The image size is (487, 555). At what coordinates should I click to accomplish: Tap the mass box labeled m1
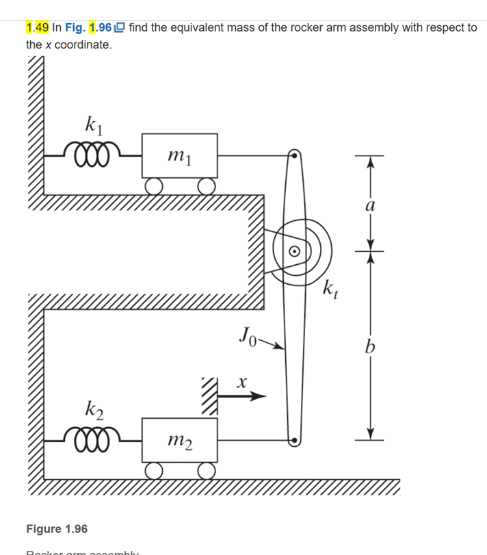pyautogui.click(x=179, y=156)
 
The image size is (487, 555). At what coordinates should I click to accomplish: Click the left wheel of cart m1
pyautogui.click(x=154, y=185)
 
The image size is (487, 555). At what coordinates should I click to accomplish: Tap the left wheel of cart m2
pyautogui.click(x=154, y=470)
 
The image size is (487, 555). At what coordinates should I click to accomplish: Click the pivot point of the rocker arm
pyautogui.click(x=295, y=250)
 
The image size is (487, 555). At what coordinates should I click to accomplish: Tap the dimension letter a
pyautogui.click(x=370, y=205)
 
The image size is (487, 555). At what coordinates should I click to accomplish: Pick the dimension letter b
pyautogui.click(x=370, y=348)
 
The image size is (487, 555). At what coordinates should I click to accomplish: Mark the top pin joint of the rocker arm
pyautogui.click(x=295, y=155)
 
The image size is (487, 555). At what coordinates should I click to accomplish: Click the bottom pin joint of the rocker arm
pyautogui.click(x=295, y=440)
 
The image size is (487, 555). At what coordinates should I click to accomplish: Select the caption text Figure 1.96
pyautogui.click(x=57, y=529)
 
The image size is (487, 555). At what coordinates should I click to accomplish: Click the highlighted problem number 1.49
pyautogui.click(x=37, y=28)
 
